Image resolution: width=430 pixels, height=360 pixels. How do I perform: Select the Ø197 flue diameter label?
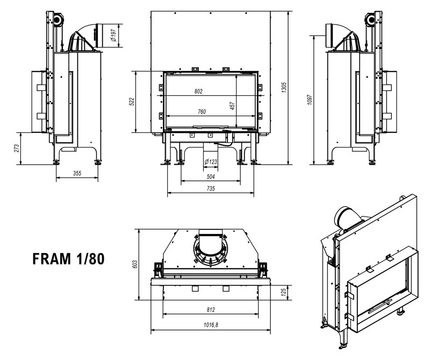113,34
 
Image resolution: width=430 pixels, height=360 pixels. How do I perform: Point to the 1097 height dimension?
311,99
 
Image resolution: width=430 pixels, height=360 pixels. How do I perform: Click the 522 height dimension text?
132,102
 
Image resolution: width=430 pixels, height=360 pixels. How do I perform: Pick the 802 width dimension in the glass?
198,92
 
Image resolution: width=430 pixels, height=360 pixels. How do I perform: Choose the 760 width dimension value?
202,111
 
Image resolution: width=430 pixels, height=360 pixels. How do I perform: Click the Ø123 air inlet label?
210,162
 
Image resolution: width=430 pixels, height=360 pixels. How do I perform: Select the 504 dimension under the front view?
211,176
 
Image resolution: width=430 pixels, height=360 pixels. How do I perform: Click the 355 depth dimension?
77,173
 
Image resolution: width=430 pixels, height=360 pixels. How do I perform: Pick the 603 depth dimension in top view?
135,264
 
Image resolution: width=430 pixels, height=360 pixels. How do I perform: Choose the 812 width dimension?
210,310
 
